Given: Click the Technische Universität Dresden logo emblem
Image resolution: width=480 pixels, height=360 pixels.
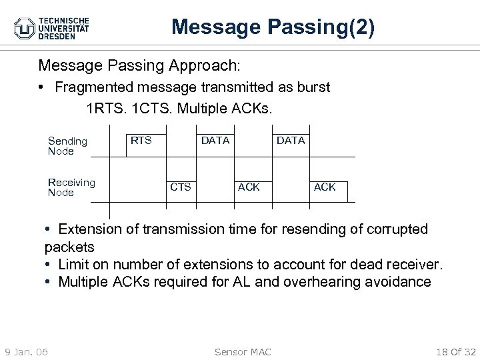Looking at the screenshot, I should [25, 29].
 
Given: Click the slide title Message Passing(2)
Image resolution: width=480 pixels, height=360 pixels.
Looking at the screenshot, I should [273, 27].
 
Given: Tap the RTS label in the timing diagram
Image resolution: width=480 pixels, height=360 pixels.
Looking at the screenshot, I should [141, 141].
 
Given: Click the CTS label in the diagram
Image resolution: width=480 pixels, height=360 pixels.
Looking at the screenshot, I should [180, 187].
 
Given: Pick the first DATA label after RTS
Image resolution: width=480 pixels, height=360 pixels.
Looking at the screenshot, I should [215, 141].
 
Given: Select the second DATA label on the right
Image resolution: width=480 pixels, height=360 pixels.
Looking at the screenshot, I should [291, 141].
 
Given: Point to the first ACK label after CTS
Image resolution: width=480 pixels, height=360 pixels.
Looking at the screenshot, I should [249, 187].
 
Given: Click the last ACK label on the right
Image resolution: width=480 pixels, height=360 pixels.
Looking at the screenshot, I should [325, 187].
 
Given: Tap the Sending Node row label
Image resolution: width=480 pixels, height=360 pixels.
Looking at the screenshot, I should [67, 146].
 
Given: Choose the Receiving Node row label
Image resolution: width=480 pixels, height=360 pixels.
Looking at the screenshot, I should [71, 187].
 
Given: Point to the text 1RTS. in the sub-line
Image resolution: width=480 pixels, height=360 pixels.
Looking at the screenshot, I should [106, 108].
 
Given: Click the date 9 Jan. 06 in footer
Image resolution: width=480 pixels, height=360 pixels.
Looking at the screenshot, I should [26, 352].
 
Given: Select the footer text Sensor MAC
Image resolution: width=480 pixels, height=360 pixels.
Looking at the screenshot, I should [243, 352].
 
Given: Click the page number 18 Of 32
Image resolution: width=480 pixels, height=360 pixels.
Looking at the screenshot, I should [456, 352].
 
